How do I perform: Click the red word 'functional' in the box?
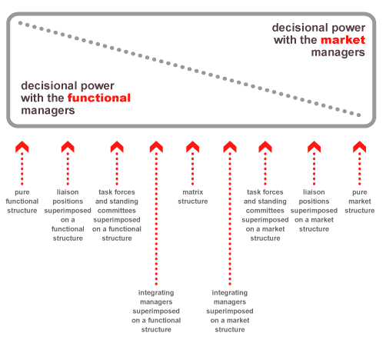pos(99,98)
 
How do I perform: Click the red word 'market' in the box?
pos(343,40)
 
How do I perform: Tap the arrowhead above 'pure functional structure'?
pos(22,147)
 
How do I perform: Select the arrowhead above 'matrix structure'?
pos(193,147)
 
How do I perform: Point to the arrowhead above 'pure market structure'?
pos(360,147)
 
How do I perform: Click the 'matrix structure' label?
pos(193,197)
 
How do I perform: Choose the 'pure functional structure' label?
pos(22,202)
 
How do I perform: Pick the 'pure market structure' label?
pos(360,202)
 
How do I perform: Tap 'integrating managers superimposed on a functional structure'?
pos(156,311)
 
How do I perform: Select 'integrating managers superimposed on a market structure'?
pos(230,311)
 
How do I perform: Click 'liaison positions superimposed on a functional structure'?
pos(68,215)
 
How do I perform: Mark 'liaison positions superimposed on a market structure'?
pos(314,211)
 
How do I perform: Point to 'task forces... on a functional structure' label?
pos(117,215)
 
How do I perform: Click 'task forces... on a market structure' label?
pos(265,215)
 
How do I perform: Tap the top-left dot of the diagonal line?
pos(20,23)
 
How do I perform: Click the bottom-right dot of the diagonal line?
pos(359,115)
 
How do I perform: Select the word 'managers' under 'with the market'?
pos(338,52)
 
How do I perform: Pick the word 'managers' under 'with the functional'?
pos(48,111)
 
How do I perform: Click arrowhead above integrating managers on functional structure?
pos(156,147)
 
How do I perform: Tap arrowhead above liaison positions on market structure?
pos(314,147)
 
